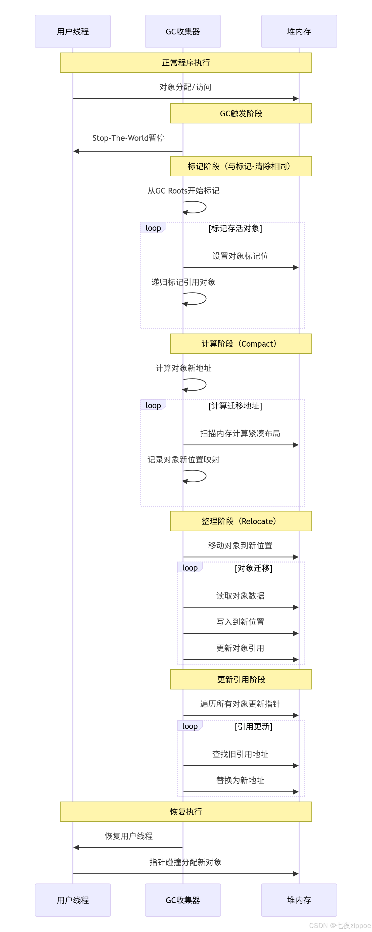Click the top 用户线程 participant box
(73, 31)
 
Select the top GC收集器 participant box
(183, 31)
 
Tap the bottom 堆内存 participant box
(299, 900)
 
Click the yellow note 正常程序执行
(186, 63)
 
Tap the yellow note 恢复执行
(186, 812)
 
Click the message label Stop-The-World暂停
(128, 138)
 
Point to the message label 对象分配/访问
(185, 87)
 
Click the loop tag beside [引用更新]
(190, 726)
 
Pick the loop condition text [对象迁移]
(253, 568)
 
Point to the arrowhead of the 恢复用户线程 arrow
(76, 847)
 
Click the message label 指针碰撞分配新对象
(185, 862)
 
